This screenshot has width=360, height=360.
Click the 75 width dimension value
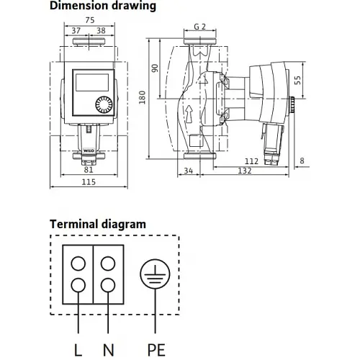coord(90,20)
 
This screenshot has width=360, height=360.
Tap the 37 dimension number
coord(76,31)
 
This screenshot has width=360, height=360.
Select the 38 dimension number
coord(101,31)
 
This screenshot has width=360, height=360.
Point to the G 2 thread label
coord(200,27)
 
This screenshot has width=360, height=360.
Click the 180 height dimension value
coord(143,97)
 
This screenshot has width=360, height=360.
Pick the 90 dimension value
coord(156,68)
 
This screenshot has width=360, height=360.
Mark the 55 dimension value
coord(297,80)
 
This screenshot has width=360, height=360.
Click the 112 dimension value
coord(251,161)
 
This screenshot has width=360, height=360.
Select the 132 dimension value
coord(245,171)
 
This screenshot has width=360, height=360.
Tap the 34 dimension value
coord(189,171)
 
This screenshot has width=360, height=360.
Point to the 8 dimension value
coord(302,161)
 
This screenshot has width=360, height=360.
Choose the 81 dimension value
coord(89,170)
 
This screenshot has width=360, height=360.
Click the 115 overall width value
coord(89,182)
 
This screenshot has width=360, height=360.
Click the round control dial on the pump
coord(104,105)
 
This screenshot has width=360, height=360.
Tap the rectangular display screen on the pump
coord(92,82)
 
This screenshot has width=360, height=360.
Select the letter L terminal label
coord(78,350)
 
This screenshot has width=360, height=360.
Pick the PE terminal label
coord(156,350)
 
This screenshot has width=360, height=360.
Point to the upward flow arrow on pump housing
coord(189,114)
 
